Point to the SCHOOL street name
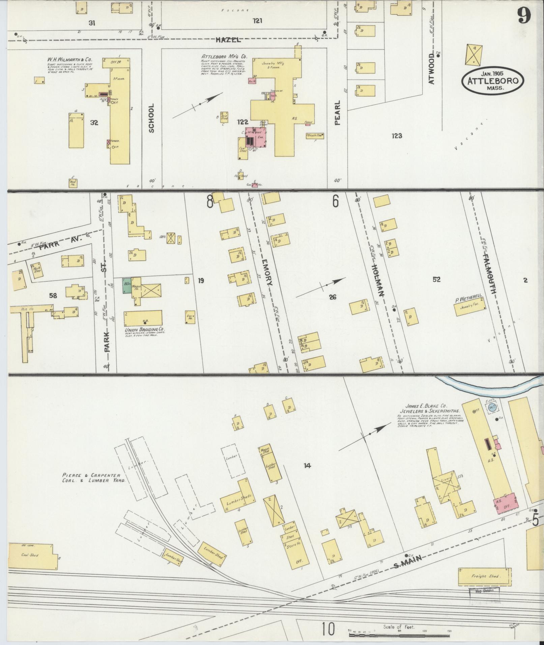point(151,118)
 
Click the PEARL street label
point(338,113)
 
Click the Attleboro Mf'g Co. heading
point(221,56)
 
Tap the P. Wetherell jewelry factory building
point(471,307)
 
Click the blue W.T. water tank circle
point(493,407)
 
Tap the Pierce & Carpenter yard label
point(93,478)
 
